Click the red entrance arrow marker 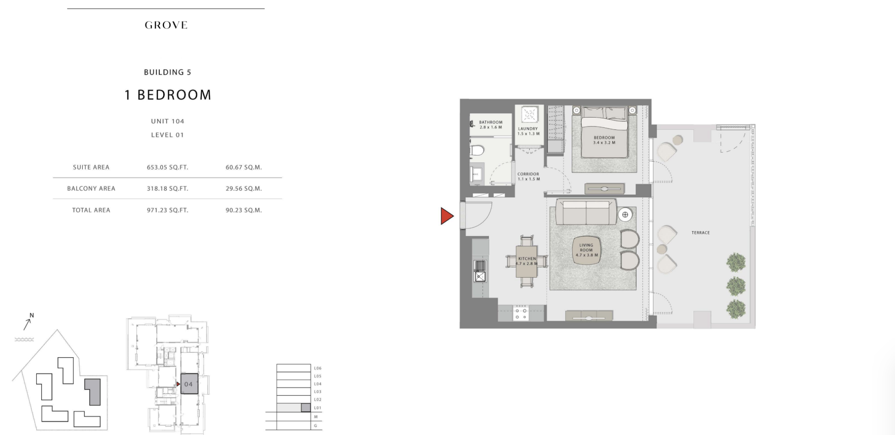(x=447, y=216)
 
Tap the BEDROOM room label (x=604, y=138)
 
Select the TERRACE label (x=701, y=233)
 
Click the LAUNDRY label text (x=528, y=129)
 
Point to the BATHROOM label (x=491, y=122)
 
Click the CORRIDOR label (x=528, y=174)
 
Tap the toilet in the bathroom (x=477, y=151)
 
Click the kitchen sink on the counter (x=480, y=271)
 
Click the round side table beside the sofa (x=624, y=215)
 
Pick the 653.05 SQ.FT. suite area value (x=167, y=168)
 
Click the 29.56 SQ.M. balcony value (x=244, y=188)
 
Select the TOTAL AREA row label (x=91, y=210)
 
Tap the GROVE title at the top (x=166, y=25)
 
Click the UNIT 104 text (x=168, y=121)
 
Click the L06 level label (x=318, y=368)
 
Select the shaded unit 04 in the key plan (x=189, y=384)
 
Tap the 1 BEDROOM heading (x=168, y=95)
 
